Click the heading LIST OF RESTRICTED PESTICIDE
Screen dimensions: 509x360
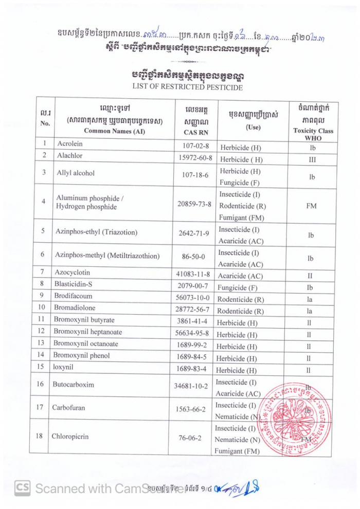click(179, 87)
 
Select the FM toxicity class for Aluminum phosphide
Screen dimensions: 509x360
click(311, 206)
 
